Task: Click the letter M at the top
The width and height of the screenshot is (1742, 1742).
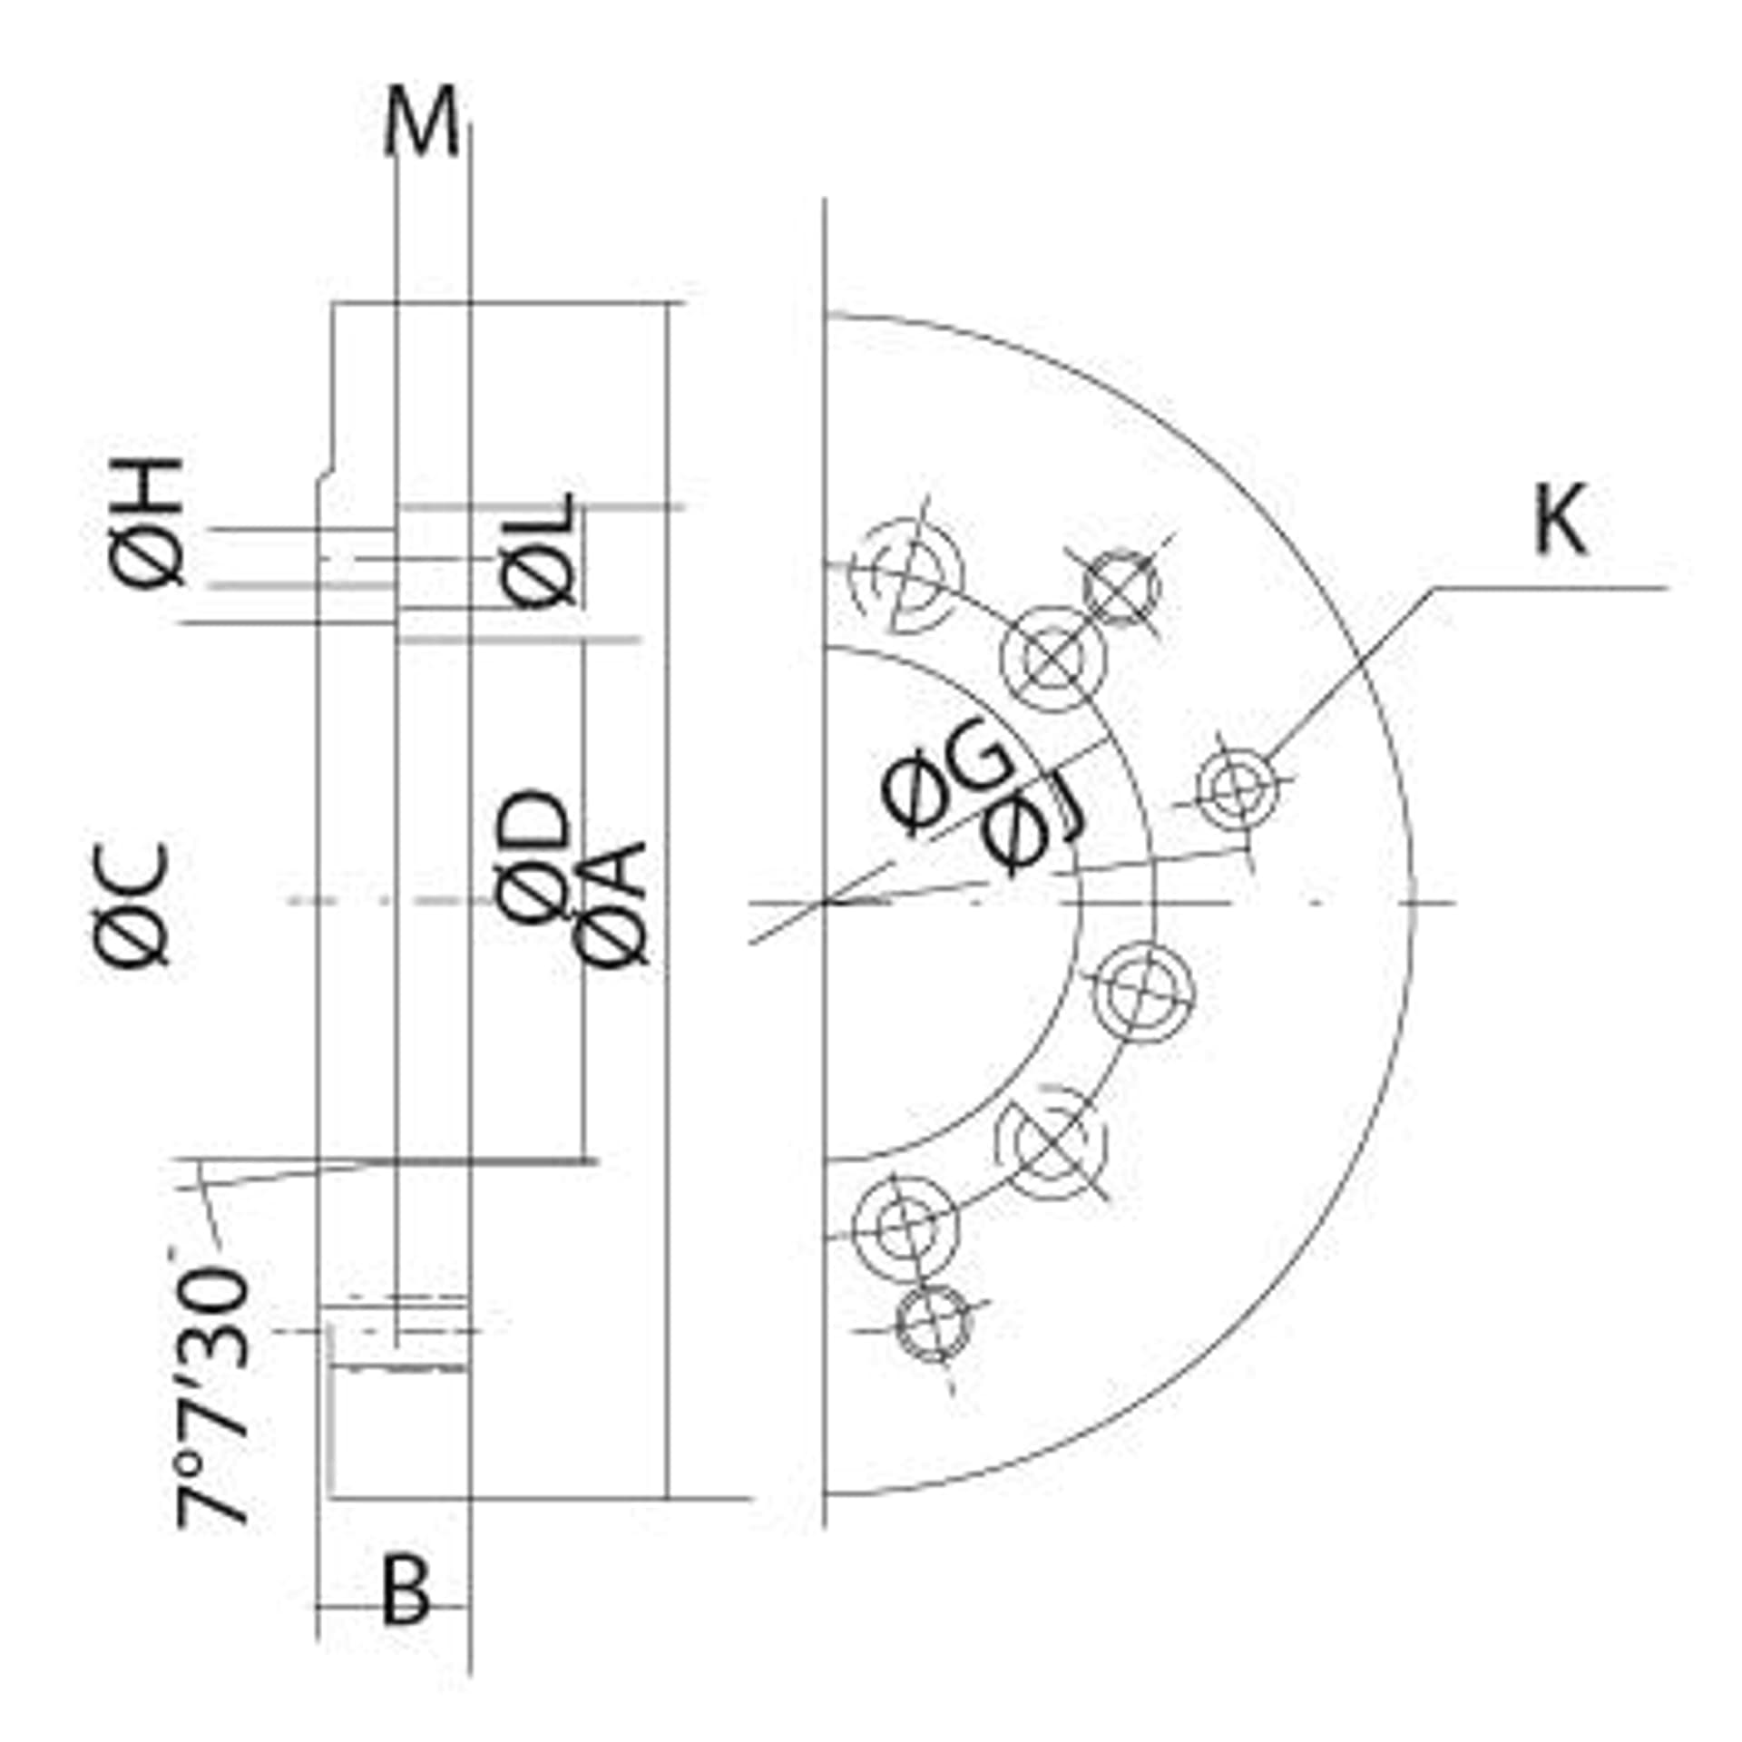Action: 420,123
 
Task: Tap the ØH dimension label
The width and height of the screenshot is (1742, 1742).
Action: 148,524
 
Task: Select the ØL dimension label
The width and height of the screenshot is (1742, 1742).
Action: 538,551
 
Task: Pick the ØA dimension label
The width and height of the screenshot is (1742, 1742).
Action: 611,903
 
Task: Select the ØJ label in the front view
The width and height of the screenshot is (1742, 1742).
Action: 1035,828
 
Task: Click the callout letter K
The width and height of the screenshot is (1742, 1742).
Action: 1560,520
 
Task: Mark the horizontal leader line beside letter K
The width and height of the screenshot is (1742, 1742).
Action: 1551,588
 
